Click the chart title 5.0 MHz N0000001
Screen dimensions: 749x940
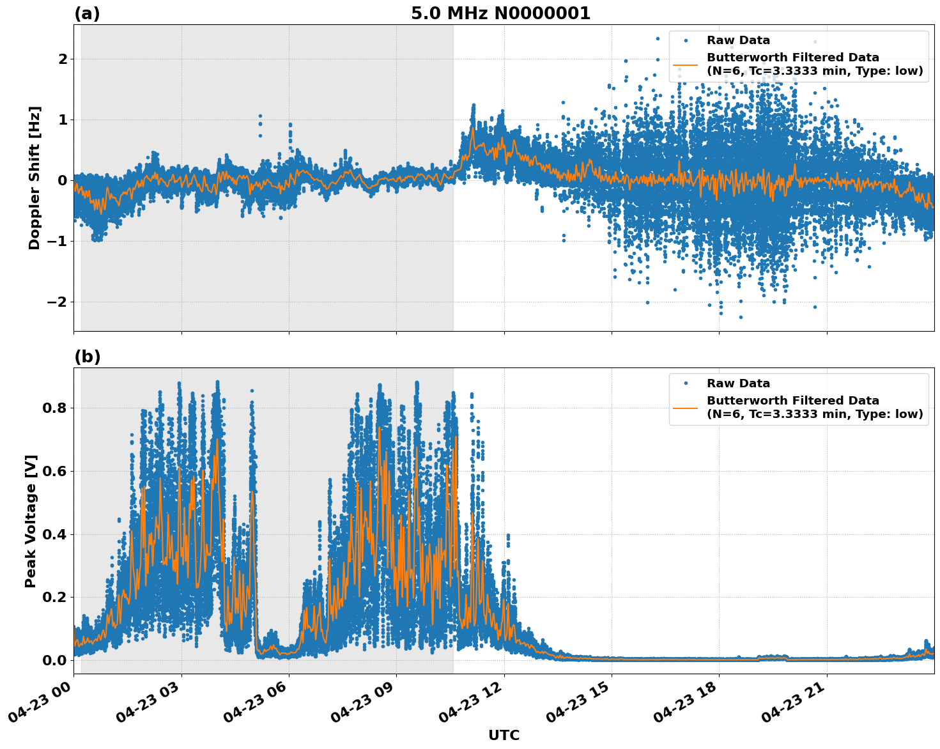coord(500,13)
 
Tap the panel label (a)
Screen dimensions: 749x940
coord(87,13)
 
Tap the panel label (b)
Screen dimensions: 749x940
coord(87,357)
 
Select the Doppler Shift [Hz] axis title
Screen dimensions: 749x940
coord(35,178)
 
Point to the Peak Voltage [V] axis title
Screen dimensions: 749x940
coord(31,521)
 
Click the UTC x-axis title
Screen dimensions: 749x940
coord(504,735)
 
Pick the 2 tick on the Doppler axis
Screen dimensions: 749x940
coord(63,59)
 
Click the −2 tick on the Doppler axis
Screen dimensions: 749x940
coord(58,302)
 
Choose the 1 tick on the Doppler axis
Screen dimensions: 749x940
coord(63,120)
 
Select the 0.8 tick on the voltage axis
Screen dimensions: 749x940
coord(54,408)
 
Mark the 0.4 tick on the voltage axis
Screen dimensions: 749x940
coord(54,534)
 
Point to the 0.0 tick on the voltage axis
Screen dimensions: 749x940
coord(54,660)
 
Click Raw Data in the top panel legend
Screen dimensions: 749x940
coord(738,40)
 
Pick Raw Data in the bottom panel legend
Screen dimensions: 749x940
coord(738,383)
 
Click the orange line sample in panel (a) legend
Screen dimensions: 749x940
coord(686,65)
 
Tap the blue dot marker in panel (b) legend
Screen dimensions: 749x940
coord(686,383)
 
